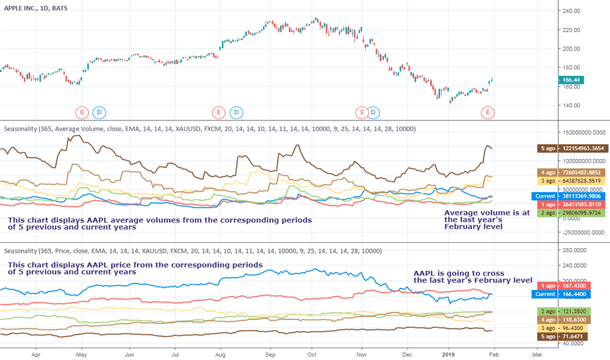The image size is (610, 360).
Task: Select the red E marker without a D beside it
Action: coord(488,113)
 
